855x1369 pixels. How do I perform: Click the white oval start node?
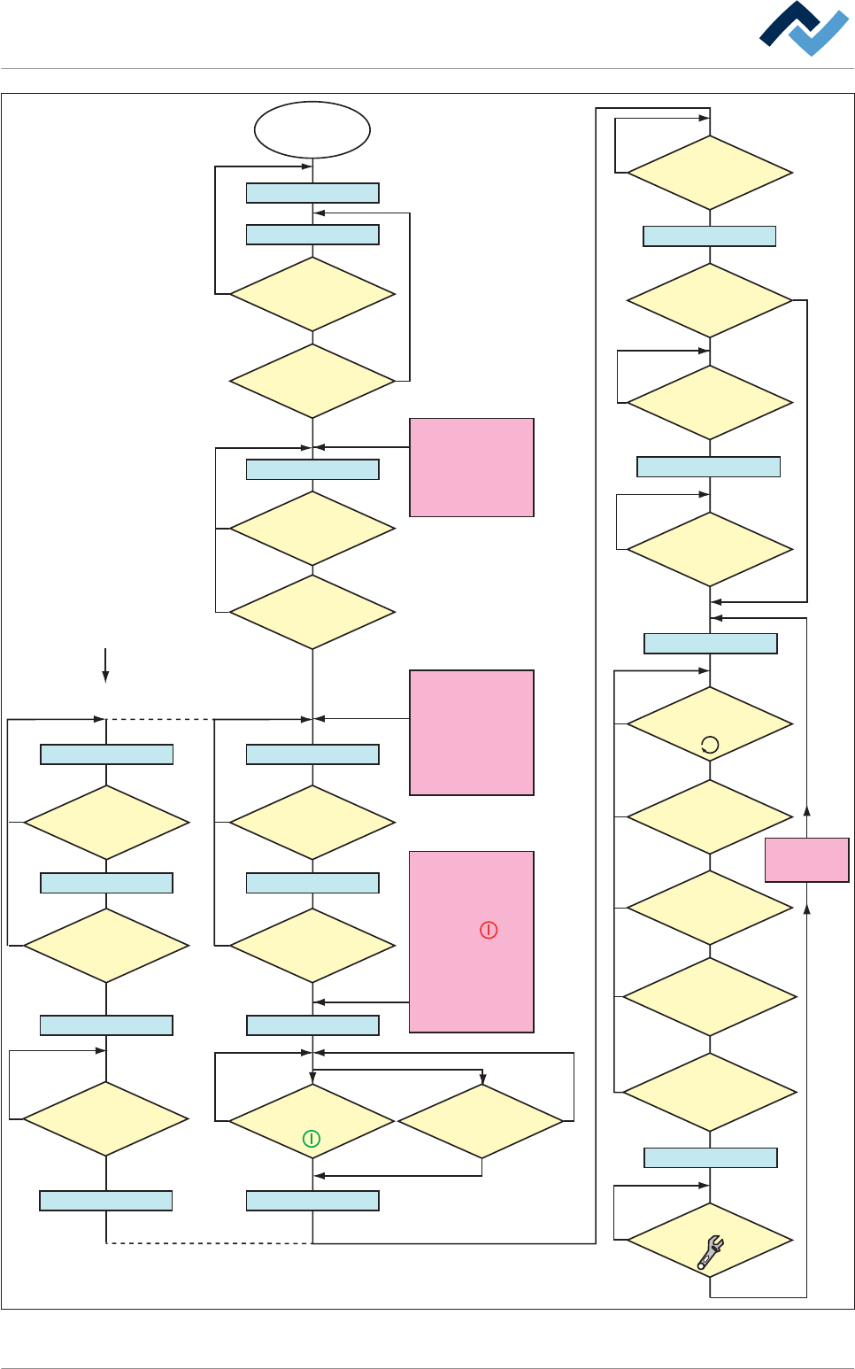(x=312, y=130)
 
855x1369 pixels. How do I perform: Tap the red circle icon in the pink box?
(x=489, y=930)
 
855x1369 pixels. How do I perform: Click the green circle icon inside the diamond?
(x=312, y=1139)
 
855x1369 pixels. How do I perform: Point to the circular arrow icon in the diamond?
(x=710, y=746)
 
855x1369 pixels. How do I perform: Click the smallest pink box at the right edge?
(x=806, y=860)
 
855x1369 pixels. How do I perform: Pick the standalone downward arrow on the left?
(x=105, y=665)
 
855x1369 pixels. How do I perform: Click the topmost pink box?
(x=471, y=468)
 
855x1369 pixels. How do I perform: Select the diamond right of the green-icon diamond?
(x=481, y=1121)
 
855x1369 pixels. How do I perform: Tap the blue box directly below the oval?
(x=312, y=193)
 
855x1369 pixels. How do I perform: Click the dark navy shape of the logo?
(x=785, y=26)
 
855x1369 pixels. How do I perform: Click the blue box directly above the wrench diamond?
(x=710, y=1157)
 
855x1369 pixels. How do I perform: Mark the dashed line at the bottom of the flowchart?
(x=208, y=1243)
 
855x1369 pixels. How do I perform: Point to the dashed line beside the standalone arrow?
(x=159, y=719)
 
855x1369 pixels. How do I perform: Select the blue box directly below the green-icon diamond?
(x=312, y=1201)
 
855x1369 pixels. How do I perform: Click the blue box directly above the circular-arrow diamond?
(x=710, y=644)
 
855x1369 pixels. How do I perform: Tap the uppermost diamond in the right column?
(x=710, y=173)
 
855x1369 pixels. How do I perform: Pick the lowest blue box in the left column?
(x=105, y=1201)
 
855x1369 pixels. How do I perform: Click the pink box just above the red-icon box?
(x=471, y=732)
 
